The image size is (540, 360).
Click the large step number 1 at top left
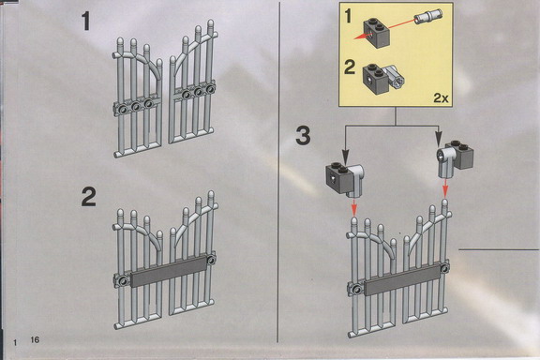pos(86,22)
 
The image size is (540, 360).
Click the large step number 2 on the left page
pos(88,197)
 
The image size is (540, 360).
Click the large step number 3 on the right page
pos(303,135)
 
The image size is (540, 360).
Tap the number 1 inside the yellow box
pos(349,16)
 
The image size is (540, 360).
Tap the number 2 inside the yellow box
pos(350,67)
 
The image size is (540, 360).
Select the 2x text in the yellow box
pos(441,98)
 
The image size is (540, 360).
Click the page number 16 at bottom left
pos(35,339)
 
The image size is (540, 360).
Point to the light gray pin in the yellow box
pos(428,16)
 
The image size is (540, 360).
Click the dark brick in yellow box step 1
pos(377,33)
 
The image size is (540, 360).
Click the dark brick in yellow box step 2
pos(376,79)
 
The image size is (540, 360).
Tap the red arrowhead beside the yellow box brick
pos(360,37)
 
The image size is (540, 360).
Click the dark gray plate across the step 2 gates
pos(169,272)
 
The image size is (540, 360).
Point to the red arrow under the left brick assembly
pos(354,207)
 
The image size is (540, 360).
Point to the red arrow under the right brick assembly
pos(445,187)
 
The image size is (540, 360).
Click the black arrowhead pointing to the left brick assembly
pos(345,156)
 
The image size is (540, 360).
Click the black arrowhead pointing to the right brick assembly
pos(438,139)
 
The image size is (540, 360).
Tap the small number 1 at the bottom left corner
pos(15,342)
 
